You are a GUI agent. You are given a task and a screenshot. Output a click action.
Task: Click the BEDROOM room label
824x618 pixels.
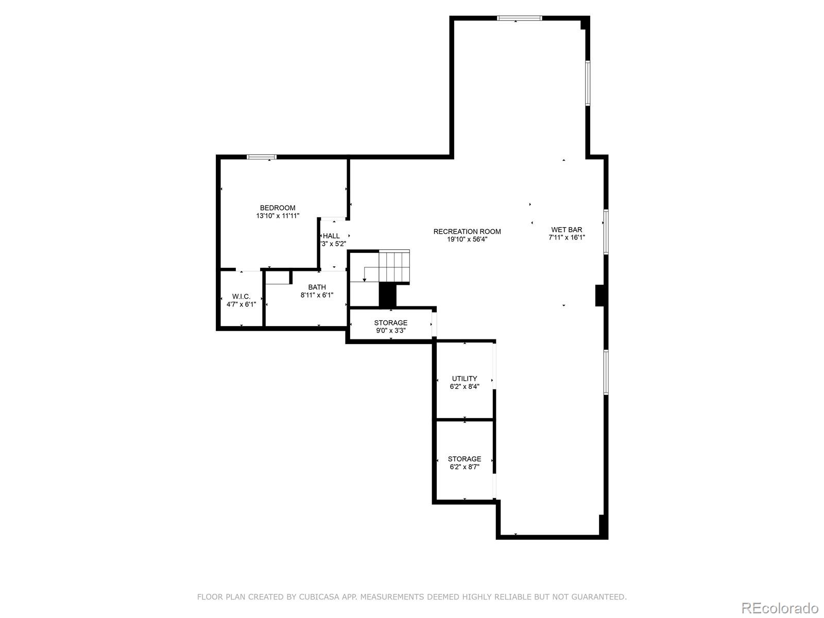coord(278,208)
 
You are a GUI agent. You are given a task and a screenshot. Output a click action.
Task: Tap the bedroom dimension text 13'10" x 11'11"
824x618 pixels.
coord(278,216)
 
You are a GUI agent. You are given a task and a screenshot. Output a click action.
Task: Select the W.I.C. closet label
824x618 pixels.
coord(241,297)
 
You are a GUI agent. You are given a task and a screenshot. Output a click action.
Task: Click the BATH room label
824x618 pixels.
coord(317,287)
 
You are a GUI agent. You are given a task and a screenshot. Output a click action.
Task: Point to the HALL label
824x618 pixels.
coord(331,236)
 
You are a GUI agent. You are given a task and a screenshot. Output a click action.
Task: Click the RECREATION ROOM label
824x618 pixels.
coord(467,232)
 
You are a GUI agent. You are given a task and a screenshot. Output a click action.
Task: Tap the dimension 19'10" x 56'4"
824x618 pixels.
coord(467,239)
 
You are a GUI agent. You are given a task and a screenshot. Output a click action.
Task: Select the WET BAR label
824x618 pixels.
coord(566,230)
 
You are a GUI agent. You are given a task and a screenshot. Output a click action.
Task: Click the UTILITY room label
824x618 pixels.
coord(465,379)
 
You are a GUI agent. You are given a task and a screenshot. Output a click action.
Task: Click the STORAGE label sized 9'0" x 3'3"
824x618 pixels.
coord(390,323)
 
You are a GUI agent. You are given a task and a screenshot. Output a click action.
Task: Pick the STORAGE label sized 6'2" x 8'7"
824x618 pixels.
coord(465,459)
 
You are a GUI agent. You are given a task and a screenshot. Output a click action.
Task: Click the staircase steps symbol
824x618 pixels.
coord(394,266)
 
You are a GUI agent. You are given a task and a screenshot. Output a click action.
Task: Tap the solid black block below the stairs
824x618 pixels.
coord(387,295)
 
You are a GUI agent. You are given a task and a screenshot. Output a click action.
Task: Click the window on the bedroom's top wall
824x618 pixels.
coord(262,157)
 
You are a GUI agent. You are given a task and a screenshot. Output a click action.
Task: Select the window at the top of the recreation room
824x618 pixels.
coord(519,18)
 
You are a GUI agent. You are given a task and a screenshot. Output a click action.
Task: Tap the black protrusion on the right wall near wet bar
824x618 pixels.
coord(599,296)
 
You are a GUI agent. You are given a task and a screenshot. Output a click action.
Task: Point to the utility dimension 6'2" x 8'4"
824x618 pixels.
coord(465,387)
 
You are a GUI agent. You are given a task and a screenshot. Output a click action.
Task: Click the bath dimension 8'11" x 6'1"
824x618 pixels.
coord(317,296)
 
